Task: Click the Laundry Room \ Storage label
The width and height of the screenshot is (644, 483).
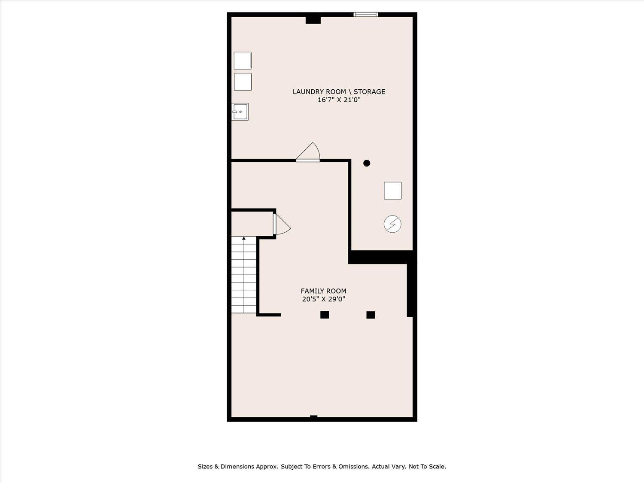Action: click(339, 92)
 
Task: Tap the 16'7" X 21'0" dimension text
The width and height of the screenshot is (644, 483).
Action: click(339, 100)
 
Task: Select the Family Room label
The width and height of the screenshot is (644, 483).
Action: click(323, 291)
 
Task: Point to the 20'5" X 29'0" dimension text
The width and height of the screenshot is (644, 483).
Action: click(323, 299)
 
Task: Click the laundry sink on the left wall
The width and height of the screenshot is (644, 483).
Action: click(240, 112)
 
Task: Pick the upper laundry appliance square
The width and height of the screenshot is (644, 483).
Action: click(243, 61)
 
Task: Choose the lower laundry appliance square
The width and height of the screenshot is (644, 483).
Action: click(243, 82)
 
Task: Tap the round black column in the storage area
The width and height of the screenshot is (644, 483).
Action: click(367, 163)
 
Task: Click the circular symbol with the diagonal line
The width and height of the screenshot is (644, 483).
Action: click(392, 224)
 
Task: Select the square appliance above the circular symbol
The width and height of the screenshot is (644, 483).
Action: click(393, 191)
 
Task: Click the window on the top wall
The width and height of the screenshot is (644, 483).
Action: click(365, 14)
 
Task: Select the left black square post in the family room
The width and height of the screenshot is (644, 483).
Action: click(325, 315)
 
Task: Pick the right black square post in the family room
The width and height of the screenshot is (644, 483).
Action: click(371, 315)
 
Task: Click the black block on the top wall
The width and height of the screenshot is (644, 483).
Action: click(313, 20)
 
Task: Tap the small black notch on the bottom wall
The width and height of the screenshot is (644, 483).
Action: click(314, 416)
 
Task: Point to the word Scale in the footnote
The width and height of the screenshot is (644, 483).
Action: click(438, 466)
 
